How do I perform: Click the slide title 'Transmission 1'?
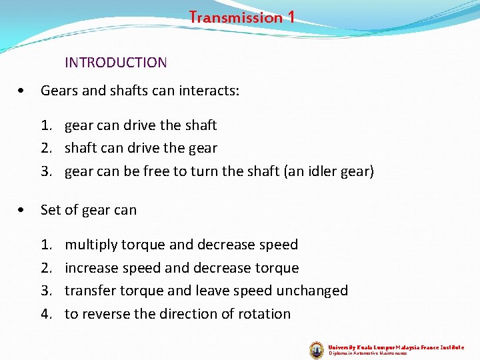(x=241, y=17)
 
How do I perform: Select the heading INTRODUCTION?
(x=115, y=63)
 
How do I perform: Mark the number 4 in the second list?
(x=45, y=313)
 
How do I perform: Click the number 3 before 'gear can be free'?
(x=45, y=171)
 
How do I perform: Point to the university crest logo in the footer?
(x=317, y=349)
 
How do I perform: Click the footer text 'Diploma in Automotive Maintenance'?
(x=368, y=353)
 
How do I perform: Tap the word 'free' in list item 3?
(x=156, y=171)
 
